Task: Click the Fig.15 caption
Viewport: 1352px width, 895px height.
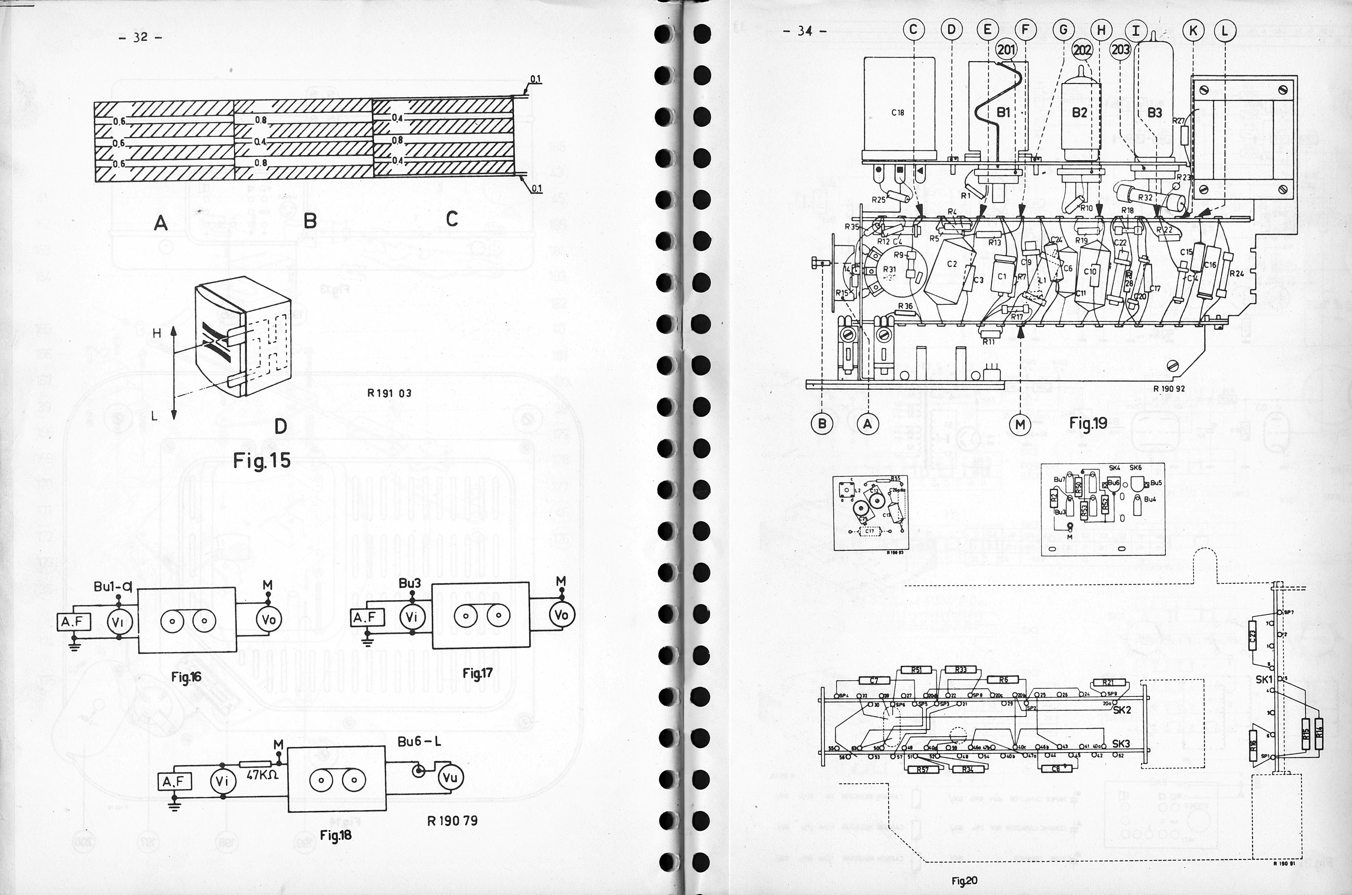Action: pos(262,460)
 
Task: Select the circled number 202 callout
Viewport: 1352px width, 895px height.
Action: pos(1082,50)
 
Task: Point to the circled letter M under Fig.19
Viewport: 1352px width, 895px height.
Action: pos(1020,424)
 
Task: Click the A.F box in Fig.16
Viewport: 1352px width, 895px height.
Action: pos(74,621)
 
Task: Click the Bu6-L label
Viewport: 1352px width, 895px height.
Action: pos(419,742)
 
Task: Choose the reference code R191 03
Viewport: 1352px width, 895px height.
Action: pos(390,393)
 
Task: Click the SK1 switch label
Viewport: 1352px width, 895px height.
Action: pos(1264,679)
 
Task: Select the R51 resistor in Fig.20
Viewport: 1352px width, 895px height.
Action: pos(916,670)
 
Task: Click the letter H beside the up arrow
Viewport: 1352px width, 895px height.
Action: pos(157,334)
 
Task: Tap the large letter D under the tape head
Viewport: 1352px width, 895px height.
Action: pos(280,426)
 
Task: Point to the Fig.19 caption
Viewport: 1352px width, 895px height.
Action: pos(1088,423)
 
